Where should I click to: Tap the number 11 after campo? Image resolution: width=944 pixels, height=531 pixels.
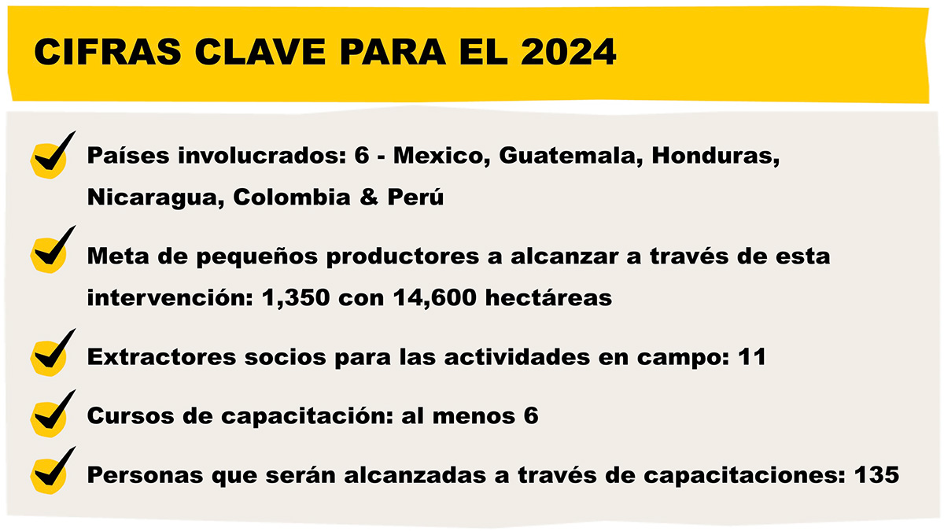[x=753, y=356]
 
